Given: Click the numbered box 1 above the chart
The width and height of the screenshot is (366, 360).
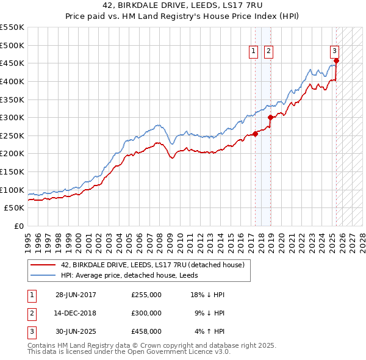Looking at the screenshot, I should click(253, 52).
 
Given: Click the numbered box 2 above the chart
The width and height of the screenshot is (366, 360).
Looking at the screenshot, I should click(268, 52).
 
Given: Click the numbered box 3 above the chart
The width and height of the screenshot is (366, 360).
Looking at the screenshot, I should click(335, 52).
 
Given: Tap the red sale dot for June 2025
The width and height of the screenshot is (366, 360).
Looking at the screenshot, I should click(336, 60).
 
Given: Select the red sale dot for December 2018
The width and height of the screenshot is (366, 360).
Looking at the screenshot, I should click(270, 117).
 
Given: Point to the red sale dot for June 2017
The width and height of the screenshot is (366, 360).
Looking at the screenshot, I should click(256, 134).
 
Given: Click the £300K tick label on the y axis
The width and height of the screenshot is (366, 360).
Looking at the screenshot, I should click(12, 117).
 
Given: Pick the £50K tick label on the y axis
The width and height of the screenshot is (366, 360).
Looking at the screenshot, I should click(15, 208).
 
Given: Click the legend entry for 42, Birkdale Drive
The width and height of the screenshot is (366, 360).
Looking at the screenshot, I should click(152, 265).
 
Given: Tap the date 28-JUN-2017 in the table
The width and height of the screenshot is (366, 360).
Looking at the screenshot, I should click(76, 295).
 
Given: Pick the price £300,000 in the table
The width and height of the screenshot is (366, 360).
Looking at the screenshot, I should click(146, 313).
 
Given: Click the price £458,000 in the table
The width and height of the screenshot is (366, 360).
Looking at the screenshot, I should click(146, 331).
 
